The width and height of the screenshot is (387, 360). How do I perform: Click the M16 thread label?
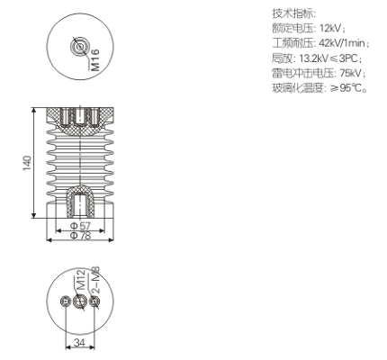[95, 60]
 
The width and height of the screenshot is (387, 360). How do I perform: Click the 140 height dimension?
[27, 163]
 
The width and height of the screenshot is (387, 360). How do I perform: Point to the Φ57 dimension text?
[80, 226]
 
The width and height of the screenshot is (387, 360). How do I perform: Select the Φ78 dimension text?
[80, 236]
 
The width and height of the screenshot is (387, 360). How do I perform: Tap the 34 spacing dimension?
[79, 342]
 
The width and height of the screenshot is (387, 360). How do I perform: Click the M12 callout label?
[80, 280]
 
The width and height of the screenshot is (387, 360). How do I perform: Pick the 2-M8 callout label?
[95, 280]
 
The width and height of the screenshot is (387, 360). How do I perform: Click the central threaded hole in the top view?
[80, 47]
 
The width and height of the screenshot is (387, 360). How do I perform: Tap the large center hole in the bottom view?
[80, 301]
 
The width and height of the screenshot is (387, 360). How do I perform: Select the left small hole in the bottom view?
[65, 301]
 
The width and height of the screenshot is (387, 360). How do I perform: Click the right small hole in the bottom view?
[94, 301]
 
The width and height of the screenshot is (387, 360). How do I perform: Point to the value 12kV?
[330, 29]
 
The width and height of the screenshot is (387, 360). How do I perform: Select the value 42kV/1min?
[342, 43]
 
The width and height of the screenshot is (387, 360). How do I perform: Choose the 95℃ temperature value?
[352, 88]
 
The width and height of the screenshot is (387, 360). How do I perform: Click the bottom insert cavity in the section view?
[80, 205]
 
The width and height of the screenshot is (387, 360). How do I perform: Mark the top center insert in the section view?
[80, 116]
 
